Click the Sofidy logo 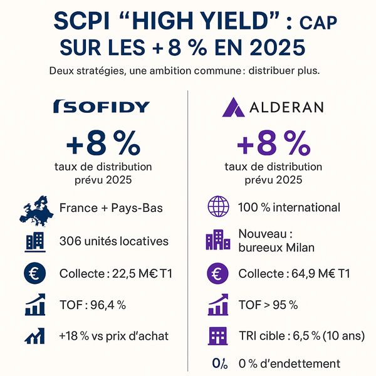tap(102, 107)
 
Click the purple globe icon tap(219, 208)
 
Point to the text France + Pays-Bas tap(112, 208)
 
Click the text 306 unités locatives tap(113, 241)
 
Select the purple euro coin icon tap(219, 274)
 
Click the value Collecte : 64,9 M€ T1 tap(294, 274)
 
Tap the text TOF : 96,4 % tap(93, 306)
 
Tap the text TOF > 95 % tap(268, 306)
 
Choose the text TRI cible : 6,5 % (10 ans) tap(301, 336)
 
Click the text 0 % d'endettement tap(290, 364)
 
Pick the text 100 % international tap(290, 208)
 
